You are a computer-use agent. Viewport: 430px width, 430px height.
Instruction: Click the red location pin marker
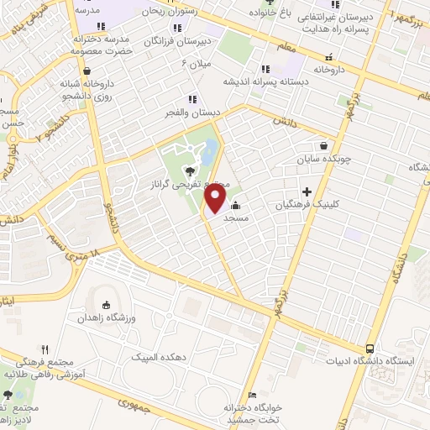click(216, 199)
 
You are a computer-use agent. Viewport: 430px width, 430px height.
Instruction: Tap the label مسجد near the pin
click(234, 217)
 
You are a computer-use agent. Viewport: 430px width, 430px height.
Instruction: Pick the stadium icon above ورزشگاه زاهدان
click(106, 306)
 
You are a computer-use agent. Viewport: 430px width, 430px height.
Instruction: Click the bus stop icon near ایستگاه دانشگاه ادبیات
click(370, 349)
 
